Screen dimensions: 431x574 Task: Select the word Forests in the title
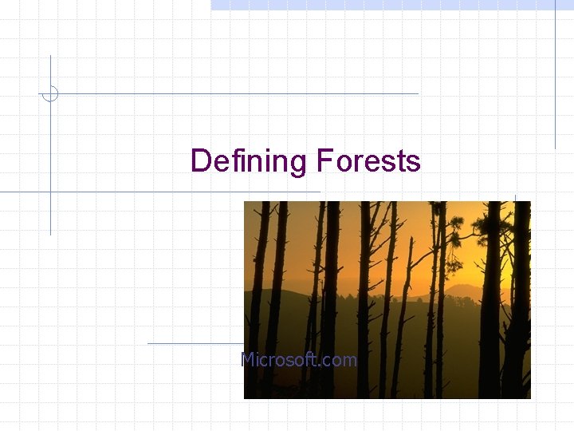click(x=368, y=162)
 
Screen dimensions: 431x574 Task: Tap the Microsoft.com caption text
click(x=299, y=360)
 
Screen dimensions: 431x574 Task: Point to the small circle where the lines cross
click(x=50, y=93)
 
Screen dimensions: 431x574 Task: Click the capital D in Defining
click(x=200, y=162)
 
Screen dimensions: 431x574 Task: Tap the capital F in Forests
click(x=324, y=162)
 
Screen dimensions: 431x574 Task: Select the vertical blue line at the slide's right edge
click(x=555, y=80)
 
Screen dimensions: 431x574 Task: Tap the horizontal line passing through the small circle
click(x=239, y=93)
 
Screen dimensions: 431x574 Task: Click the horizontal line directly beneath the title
click(x=159, y=192)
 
